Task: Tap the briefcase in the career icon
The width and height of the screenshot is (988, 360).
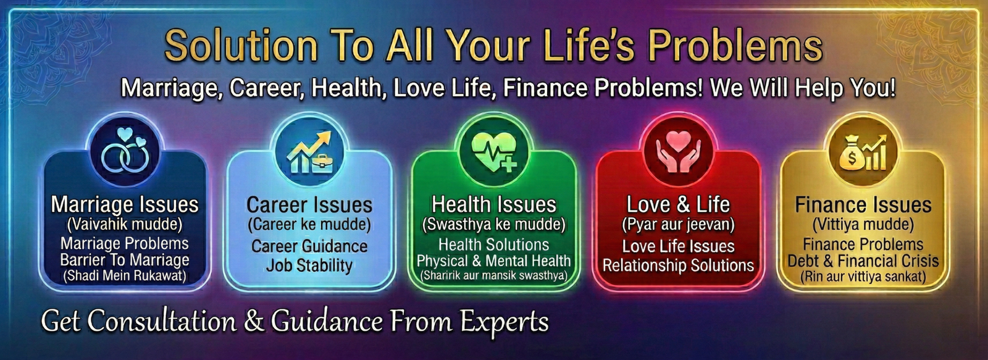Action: tap(322, 163)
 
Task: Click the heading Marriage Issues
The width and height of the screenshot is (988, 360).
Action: tap(125, 205)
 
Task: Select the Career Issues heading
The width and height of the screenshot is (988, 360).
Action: tap(309, 205)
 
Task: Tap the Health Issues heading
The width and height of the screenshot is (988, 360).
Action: tap(494, 205)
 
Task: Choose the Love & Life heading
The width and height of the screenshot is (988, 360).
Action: tap(679, 205)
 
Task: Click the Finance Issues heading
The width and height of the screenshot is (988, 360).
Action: tap(863, 205)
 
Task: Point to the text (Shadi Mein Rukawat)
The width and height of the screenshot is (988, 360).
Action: tap(125, 276)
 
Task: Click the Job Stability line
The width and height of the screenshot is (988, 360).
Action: tap(309, 266)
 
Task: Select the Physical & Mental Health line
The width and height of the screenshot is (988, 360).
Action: tap(494, 261)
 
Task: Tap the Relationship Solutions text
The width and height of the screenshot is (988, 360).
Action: tap(679, 266)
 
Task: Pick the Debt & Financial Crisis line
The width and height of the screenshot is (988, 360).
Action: tap(863, 261)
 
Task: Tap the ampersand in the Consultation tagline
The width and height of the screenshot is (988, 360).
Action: tap(254, 321)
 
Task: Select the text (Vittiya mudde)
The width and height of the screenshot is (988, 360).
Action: tap(863, 225)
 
